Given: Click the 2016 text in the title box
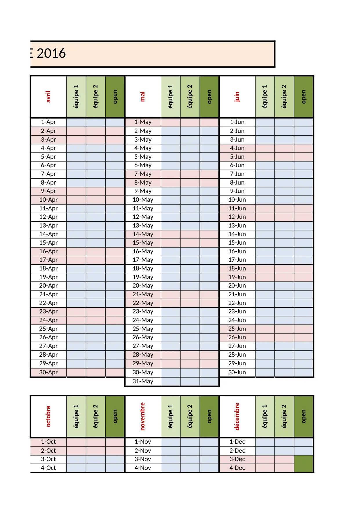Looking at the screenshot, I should coord(51,54).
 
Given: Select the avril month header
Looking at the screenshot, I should coord(48,97).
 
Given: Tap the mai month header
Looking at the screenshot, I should coord(143,97).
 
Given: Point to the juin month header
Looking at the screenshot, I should coord(237,97).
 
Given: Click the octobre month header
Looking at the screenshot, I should coord(48,416).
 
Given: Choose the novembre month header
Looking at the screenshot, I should coord(143,416).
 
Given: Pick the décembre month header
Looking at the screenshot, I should coord(237,416).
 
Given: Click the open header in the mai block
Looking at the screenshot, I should coord(209,97).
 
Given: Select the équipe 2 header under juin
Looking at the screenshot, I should coord(284,97).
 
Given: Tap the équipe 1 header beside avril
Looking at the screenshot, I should coord(76,97).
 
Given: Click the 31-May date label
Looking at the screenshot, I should coord(143,381).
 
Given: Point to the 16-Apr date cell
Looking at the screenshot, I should coord(48,251).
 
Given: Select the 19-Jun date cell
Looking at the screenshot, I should coord(237,277).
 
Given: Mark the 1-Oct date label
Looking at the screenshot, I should coord(48,442).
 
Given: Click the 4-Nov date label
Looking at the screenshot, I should coord(143,468).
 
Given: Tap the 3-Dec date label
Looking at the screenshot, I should coord(237,459).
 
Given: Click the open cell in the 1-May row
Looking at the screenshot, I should coord(209,122).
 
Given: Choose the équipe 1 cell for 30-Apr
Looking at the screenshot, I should coord(76,372).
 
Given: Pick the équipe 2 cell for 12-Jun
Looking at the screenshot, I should coord(284,217).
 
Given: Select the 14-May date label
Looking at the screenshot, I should coord(143,234).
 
